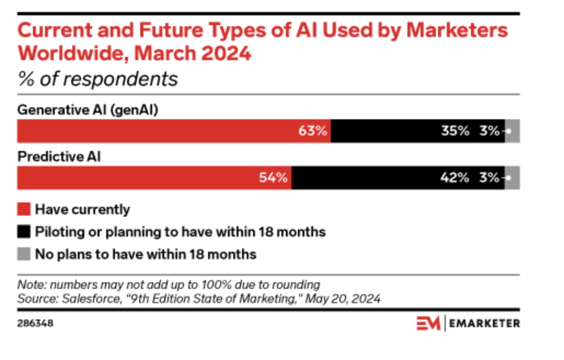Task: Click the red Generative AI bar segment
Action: pyautogui.click(x=164, y=131)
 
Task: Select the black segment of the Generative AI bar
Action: pyautogui.click(x=383, y=131)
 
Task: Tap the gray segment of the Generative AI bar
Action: pyautogui.click(x=513, y=131)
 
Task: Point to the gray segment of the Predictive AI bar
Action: pyautogui.click(x=513, y=178)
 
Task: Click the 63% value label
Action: pyautogui.click(x=313, y=131)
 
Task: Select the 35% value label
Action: pyautogui.click(x=455, y=131)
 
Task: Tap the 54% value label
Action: pyautogui.click(x=273, y=178)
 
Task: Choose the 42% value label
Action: pyautogui.click(x=455, y=178)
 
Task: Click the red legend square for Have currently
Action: pyautogui.click(x=24, y=209)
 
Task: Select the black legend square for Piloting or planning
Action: pyautogui.click(x=24, y=232)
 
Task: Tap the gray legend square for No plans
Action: pyautogui.click(x=24, y=254)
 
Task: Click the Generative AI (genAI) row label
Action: pyautogui.click(x=88, y=109)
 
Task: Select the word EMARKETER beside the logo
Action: pyautogui.click(x=484, y=323)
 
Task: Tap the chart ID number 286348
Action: pyautogui.click(x=36, y=323)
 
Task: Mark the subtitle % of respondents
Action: pyautogui.click(x=97, y=79)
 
